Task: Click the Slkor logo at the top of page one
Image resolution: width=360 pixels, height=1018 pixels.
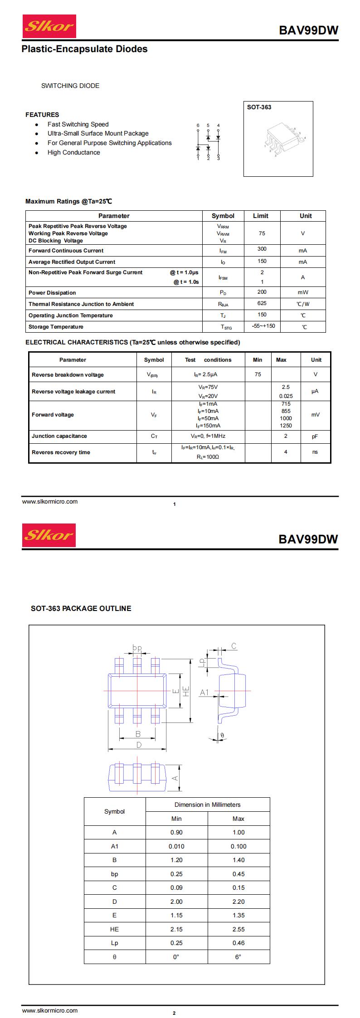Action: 49,26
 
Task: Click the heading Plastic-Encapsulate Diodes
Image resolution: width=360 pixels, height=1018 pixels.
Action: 84,49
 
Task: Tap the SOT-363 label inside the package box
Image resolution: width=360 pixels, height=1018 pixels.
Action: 259,107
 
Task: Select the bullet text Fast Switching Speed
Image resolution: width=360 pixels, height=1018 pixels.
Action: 78,124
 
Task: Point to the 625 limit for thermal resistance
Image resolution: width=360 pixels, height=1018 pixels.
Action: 262,303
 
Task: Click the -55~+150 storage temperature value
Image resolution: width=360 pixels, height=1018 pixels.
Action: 263,326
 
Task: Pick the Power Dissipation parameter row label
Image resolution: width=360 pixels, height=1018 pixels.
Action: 52,293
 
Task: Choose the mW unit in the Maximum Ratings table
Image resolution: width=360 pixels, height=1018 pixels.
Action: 303,293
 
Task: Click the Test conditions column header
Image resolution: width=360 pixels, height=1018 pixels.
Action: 208,360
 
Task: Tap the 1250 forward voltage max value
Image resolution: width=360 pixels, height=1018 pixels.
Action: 286,426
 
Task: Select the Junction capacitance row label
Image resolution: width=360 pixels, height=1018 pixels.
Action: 59,436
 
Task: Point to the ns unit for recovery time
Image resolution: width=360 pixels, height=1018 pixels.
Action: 315,452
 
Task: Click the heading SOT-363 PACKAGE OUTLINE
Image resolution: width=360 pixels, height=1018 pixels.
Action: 81,608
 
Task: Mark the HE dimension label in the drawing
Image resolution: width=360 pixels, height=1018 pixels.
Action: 185,691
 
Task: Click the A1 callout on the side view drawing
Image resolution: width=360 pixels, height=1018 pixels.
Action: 204,692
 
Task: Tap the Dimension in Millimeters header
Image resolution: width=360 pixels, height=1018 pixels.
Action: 208,805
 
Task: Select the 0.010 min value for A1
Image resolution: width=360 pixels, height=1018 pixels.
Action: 176,846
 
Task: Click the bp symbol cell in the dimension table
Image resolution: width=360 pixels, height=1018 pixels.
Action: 115,874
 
